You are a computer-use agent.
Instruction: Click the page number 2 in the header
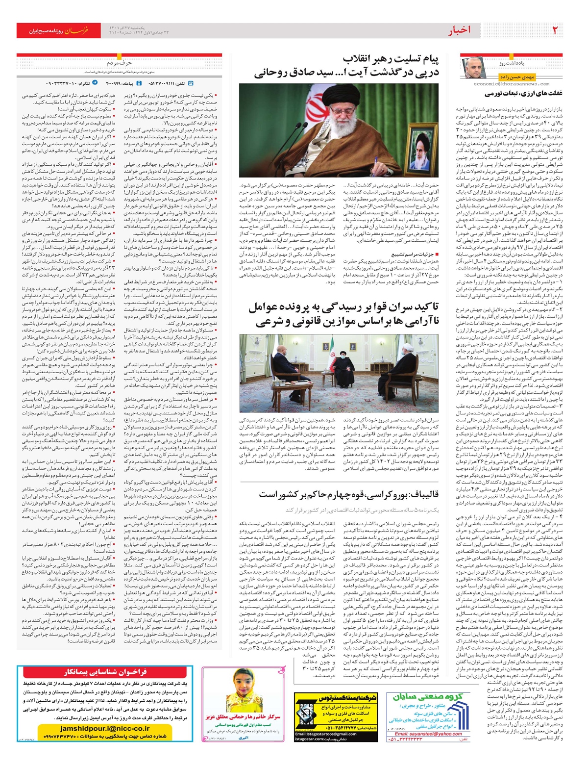pos(555,30)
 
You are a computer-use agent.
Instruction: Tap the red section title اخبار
pos(459,31)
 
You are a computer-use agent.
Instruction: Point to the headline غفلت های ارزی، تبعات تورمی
pos(523,94)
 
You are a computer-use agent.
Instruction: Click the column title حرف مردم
pos(119,63)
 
